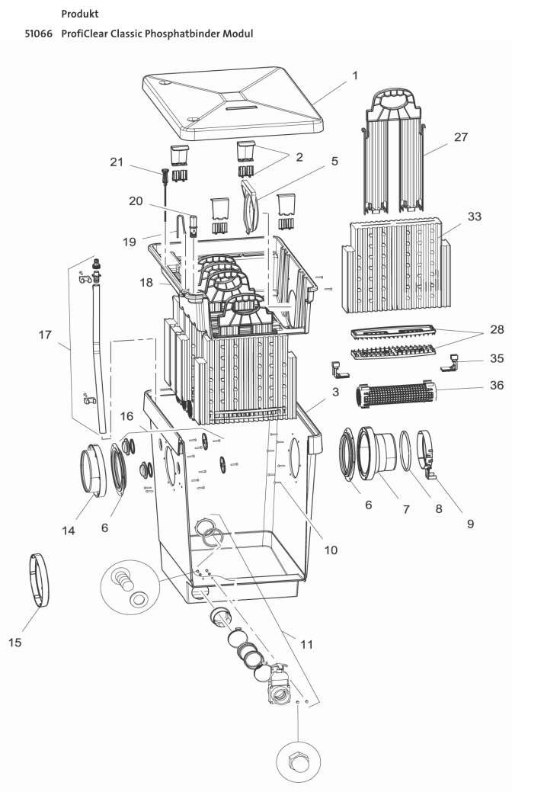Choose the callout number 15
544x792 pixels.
click(x=14, y=642)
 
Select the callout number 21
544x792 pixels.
click(x=115, y=162)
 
